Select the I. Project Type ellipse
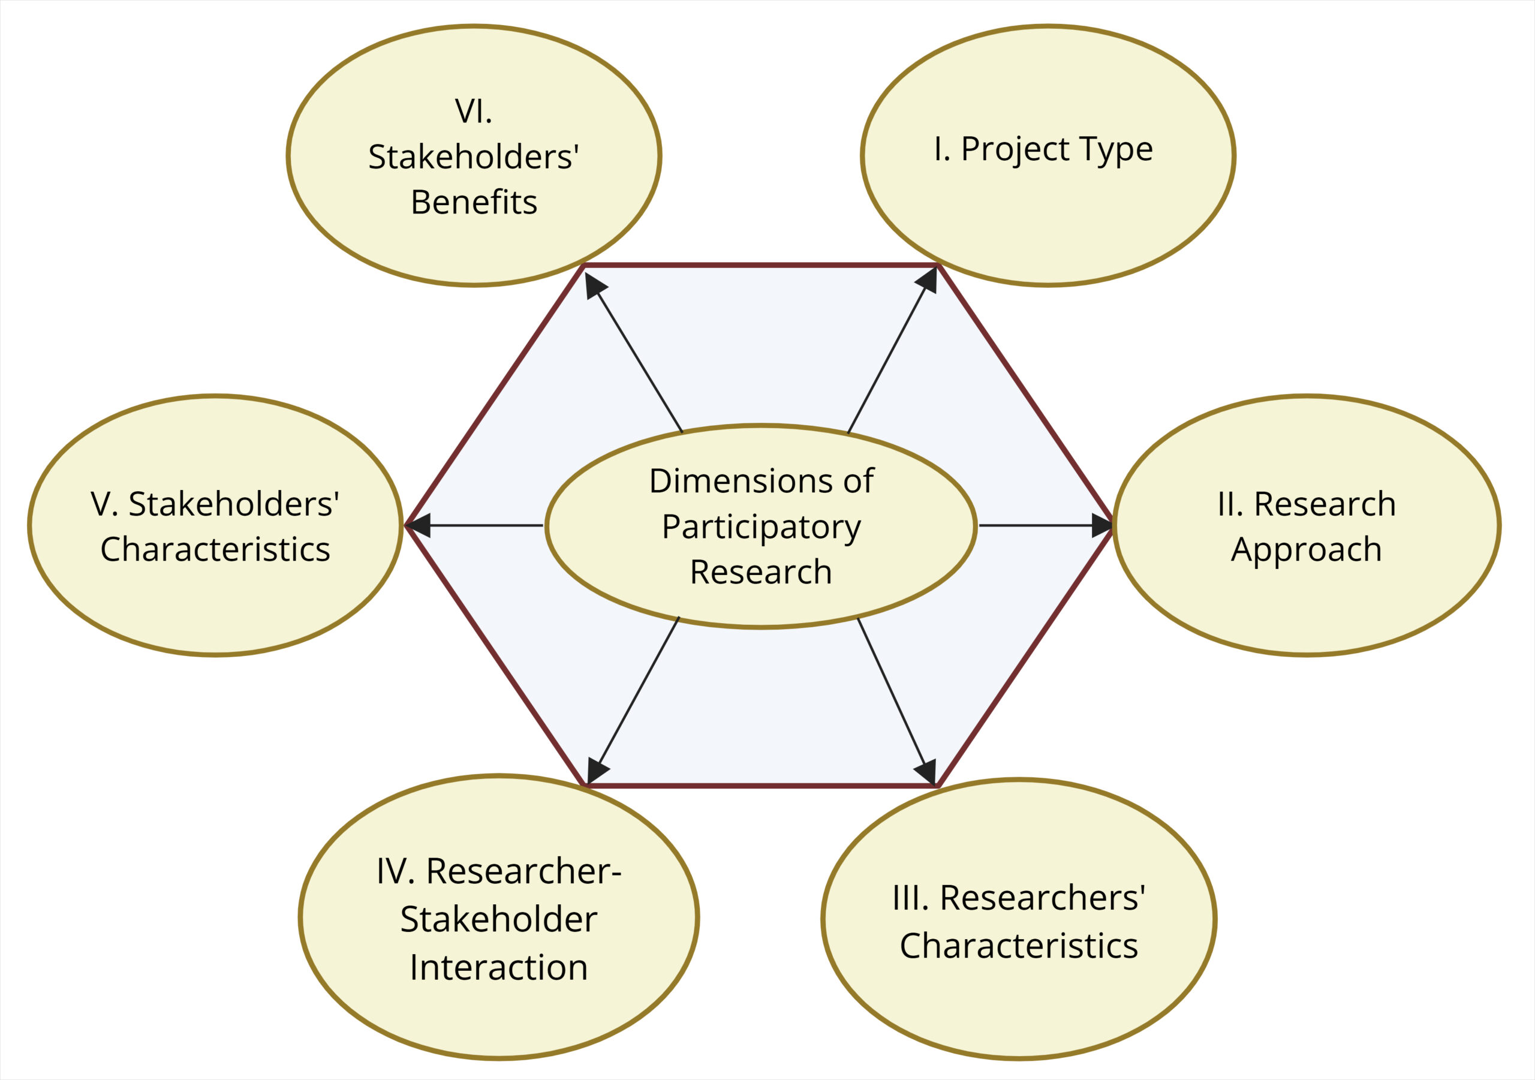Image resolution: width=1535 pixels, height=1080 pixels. pos(1048,201)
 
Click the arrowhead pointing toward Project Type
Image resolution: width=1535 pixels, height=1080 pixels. pos(928,279)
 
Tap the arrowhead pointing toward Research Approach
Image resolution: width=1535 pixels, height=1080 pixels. pos(1101,526)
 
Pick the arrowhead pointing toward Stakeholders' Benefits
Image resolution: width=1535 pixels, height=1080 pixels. pos(594,285)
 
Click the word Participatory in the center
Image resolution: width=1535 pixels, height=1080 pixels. pos(761,527)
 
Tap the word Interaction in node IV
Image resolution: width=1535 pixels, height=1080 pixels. pos(499,968)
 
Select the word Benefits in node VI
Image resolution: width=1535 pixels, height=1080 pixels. pos(474,202)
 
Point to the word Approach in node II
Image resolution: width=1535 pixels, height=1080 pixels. pos(1307,550)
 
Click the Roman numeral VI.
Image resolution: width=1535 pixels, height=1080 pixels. pos(473,111)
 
